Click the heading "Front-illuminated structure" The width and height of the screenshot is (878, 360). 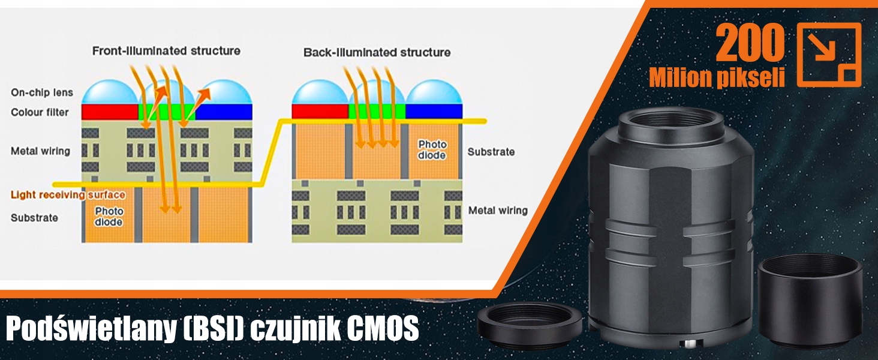(166, 51)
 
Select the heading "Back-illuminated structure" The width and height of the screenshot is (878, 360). (377, 53)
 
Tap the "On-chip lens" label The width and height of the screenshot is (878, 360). (42, 92)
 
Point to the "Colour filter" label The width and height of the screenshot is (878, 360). (40, 112)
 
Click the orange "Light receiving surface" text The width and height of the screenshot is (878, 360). (68, 195)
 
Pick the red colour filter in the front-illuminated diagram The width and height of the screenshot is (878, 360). (110, 112)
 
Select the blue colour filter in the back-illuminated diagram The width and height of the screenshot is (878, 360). (434, 111)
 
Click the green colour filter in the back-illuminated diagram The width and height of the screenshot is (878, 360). (377, 111)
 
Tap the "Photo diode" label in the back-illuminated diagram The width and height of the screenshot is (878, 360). (432, 149)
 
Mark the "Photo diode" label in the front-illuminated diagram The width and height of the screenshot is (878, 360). (109, 217)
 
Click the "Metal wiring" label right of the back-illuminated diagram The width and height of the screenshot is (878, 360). (498, 211)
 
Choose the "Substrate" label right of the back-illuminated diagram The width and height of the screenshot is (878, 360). (491, 152)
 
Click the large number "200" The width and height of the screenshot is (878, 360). (750, 44)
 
